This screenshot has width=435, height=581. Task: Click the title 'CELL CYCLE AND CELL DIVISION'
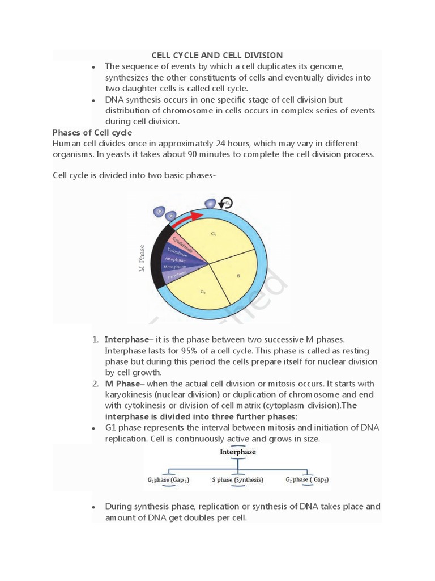pyautogui.click(x=217, y=55)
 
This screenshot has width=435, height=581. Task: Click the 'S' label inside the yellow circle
pyautogui.click(x=238, y=276)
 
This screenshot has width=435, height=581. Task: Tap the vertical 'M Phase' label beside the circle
pyautogui.click(x=142, y=258)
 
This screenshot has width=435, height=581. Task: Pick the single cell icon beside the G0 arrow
pyautogui.click(x=211, y=203)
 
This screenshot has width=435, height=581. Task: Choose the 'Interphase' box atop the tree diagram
pyautogui.click(x=238, y=452)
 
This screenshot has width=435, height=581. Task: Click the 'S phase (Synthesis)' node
pyautogui.click(x=238, y=479)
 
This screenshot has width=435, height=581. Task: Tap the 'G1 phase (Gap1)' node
pyautogui.click(x=169, y=480)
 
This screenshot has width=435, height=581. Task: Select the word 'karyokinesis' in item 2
pyautogui.click(x=130, y=395)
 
